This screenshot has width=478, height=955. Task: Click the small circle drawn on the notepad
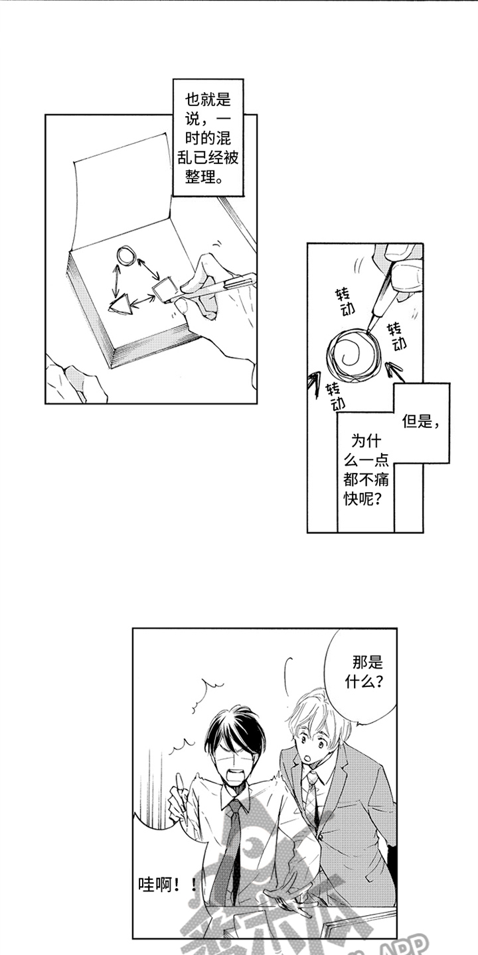(126, 255)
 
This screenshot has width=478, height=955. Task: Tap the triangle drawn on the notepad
(122, 305)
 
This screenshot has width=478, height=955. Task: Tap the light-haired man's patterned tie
(312, 796)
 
